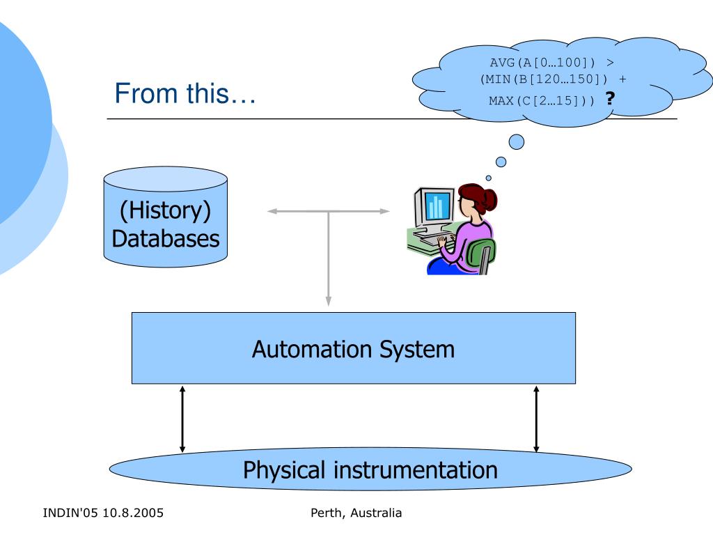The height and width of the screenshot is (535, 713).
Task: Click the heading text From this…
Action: click(185, 93)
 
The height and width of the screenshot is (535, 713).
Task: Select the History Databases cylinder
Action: click(166, 217)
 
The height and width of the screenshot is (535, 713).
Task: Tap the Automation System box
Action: click(353, 348)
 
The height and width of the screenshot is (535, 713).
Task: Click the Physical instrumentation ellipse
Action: click(370, 469)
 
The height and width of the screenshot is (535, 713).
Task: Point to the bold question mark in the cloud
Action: click(610, 98)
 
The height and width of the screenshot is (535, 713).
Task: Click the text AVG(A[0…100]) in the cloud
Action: click(542, 62)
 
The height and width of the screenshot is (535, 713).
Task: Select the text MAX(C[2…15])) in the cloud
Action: click(542, 100)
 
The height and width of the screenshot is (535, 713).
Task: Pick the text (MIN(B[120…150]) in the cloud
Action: click(544, 79)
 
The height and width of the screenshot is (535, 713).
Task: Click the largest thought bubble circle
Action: click(516, 142)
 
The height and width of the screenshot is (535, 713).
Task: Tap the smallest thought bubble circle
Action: click(488, 178)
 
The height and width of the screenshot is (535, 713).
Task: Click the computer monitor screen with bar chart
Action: click(438, 206)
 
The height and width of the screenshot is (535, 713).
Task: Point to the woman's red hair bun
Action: click(489, 199)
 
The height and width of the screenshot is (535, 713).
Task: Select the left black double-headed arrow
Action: click(182, 419)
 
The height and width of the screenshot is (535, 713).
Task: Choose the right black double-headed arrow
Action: click(536, 419)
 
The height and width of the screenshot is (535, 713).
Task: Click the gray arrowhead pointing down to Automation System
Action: click(329, 301)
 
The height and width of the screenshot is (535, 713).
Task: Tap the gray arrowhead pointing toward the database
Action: click(272, 211)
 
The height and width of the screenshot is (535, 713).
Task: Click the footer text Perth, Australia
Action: click(356, 513)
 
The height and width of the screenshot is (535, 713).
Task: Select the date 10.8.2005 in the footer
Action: click(133, 513)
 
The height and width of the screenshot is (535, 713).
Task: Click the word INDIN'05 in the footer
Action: click(70, 513)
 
